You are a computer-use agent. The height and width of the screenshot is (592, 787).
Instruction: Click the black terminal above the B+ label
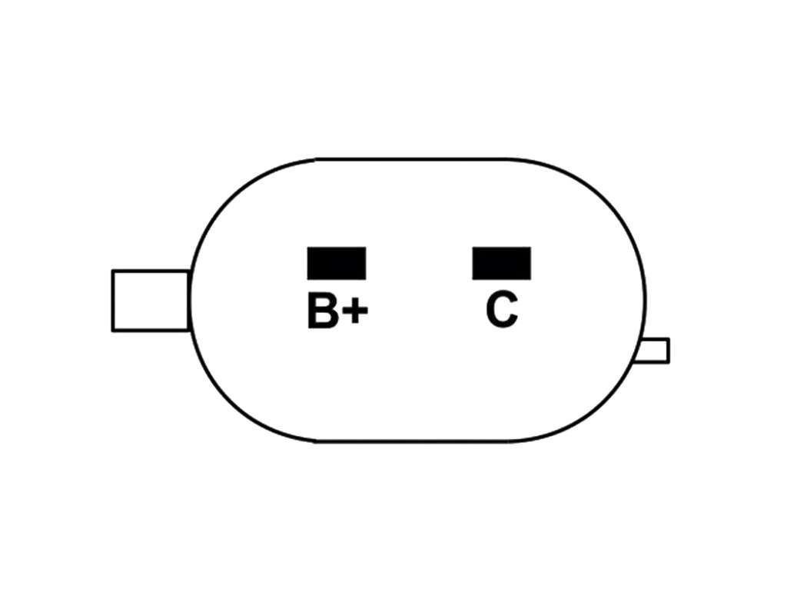(x=337, y=263)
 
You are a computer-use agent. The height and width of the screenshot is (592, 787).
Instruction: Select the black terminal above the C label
(x=501, y=263)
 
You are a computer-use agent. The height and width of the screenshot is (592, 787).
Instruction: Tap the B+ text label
(x=338, y=311)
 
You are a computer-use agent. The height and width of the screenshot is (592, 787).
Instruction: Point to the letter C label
(x=501, y=311)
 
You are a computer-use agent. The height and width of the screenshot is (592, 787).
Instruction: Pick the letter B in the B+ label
(x=323, y=311)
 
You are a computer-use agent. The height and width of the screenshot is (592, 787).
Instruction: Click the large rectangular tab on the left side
(x=151, y=301)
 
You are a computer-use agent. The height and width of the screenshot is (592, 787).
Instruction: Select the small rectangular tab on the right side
(x=652, y=351)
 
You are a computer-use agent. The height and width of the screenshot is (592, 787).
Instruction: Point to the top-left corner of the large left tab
(x=112, y=271)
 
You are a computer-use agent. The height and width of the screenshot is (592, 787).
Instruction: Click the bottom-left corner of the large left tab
(x=112, y=331)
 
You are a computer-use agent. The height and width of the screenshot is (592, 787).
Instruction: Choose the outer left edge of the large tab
(x=112, y=301)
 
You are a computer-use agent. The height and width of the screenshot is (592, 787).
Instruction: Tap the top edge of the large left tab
(x=151, y=271)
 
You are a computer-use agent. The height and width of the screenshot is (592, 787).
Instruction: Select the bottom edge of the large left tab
(x=150, y=331)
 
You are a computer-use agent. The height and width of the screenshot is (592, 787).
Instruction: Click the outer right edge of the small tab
(x=669, y=351)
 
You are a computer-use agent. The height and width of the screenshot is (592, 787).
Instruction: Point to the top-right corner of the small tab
(x=669, y=339)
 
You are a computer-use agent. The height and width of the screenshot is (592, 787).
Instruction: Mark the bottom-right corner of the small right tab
(x=669, y=361)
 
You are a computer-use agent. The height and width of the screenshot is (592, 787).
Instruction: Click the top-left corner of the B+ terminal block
(x=307, y=247)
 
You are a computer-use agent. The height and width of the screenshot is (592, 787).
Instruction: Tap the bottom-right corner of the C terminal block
(x=530, y=279)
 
